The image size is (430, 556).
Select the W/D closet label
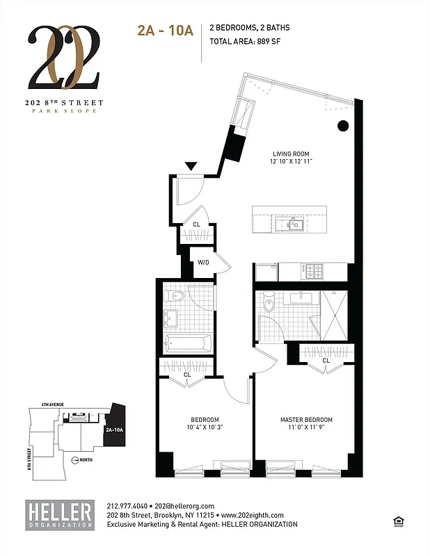click(204, 263)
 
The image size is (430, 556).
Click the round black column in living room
click(343, 126)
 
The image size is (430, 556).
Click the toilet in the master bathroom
click(270, 303)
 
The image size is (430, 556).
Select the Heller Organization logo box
click(60, 515)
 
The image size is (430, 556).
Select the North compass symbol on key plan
click(76, 459)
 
